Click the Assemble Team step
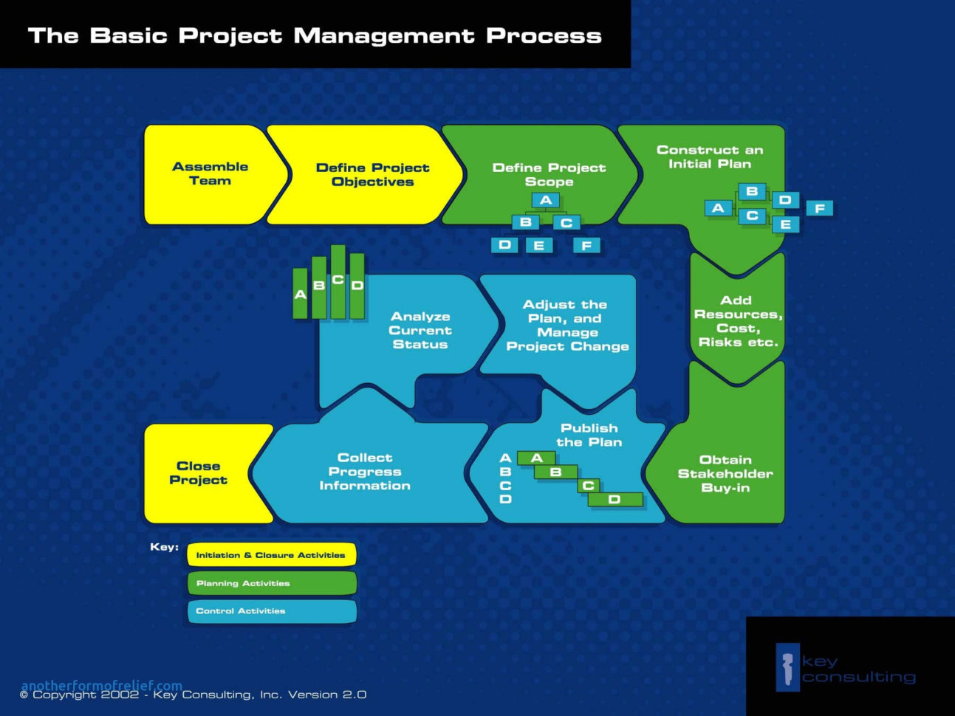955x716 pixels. tap(210, 174)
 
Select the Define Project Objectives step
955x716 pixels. tap(372, 175)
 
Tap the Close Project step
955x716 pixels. tap(198, 473)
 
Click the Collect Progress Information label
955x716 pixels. tap(365, 472)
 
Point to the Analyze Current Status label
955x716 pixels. tap(420, 331)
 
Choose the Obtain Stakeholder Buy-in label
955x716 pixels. tap(725, 474)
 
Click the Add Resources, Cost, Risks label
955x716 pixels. tap(737, 321)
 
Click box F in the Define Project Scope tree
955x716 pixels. tap(586, 245)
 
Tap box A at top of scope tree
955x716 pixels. tap(546, 200)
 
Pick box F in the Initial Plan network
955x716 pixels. tap(819, 208)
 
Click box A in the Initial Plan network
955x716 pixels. tap(718, 208)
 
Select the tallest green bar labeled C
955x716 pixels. tap(338, 282)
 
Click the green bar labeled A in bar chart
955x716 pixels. tap(300, 294)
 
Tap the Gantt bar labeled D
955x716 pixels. tap(615, 500)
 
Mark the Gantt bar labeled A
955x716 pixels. tap(536, 458)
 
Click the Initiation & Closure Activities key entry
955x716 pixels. tap(271, 555)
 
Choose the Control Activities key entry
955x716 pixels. tap(271, 611)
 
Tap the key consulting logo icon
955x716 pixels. tap(787, 667)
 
